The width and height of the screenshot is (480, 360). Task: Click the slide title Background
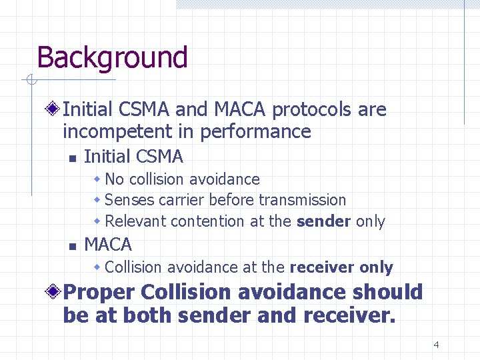click(112, 57)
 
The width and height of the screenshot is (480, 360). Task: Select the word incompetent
click(115, 131)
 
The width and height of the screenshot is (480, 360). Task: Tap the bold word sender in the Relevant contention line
click(324, 221)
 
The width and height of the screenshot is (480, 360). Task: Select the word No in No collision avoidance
click(115, 179)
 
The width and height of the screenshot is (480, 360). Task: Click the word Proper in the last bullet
click(99, 293)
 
